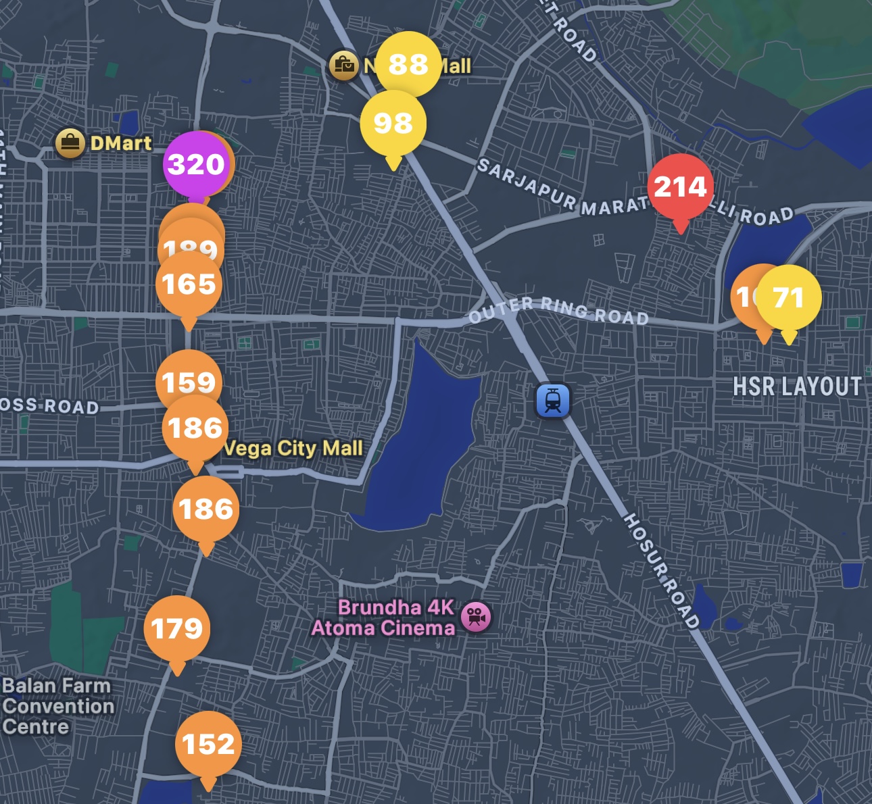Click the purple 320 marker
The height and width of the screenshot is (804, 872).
click(x=195, y=164)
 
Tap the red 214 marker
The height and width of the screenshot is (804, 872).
click(x=680, y=186)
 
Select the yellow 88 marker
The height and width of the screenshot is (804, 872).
click(x=408, y=64)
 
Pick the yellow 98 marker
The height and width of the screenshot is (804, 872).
click(x=393, y=123)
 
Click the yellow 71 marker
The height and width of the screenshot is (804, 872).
click(x=788, y=297)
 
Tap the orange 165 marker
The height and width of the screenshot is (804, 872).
click(x=189, y=284)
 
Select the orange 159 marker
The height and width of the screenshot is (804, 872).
click(x=189, y=382)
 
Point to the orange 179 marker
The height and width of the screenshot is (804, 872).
click(x=176, y=628)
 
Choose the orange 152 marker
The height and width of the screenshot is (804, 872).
click(x=208, y=744)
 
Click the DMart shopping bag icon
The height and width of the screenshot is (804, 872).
click(x=70, y=143)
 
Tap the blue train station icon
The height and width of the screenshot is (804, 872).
click(x=553, y=401)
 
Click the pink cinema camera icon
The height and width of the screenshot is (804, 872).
click(x=476, y=616)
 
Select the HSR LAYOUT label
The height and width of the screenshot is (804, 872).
click(x=797, y=386)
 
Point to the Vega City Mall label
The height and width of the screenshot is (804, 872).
click(x=293, y=448)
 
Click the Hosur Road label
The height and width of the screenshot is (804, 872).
click(x=661, y=571)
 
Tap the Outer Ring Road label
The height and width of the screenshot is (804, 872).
click(x=558, y=310)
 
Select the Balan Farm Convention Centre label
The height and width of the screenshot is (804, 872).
click(x=57, y=706)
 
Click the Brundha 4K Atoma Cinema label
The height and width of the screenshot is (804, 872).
click(x=383, y=618)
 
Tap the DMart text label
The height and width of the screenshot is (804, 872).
click(x=121, y=143)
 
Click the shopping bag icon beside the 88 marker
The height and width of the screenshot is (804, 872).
click(x=343, y=66)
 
